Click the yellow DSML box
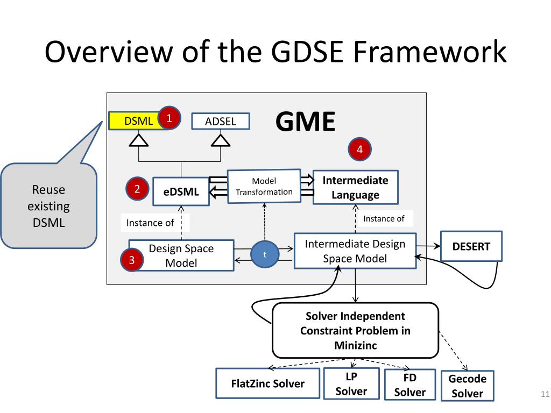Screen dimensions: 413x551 point(135,121)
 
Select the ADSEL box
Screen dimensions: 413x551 point(221,122)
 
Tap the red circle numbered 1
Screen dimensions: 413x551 point(169,117)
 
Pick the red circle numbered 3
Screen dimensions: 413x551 point(132,261)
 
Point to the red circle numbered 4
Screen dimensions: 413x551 point(360,149)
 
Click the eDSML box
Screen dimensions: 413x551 point(181,191)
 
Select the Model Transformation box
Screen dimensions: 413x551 point(264,186)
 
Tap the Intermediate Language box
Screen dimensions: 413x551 point(355,187)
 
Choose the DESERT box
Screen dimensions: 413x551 point(471,246)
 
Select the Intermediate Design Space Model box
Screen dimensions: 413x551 point(355,251)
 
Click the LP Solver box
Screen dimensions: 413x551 point(351,384)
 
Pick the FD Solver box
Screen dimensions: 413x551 point(409,384)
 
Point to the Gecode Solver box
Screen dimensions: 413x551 point(467,386)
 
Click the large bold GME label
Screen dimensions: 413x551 point(305,122)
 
